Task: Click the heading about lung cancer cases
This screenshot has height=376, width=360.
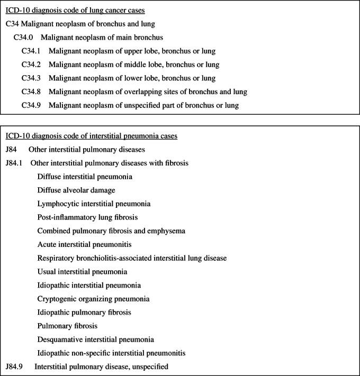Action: [x=76, y=10]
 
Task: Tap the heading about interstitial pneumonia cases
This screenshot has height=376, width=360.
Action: [x=91, y=136]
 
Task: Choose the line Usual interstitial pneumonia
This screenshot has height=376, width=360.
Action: [x=83, y=271]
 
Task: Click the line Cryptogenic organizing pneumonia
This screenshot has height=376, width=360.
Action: [x=94, y=298]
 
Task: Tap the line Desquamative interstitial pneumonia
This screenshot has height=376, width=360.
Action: [x=96, y=339]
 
